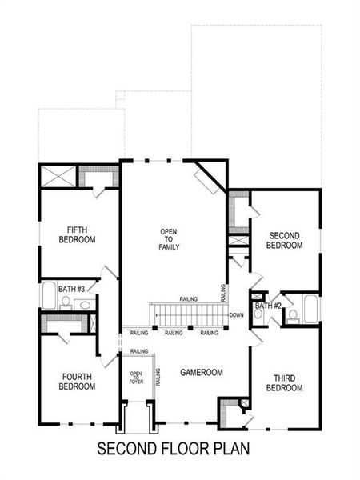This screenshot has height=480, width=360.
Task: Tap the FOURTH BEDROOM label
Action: (77, 382)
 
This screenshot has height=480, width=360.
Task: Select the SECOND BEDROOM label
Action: (284, 240)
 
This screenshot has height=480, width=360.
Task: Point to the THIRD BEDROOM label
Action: (284, 382)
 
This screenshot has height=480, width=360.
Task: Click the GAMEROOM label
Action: (201, 372)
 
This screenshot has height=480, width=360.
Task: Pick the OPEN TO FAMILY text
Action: (168, 239)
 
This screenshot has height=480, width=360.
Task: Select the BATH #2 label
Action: (268, 306)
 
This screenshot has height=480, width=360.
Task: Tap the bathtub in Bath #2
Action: (310, 307)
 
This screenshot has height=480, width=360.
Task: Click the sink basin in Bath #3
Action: (83, 303)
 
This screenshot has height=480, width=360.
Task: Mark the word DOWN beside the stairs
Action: (235, 315)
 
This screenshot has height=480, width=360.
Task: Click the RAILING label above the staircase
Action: (190, 298)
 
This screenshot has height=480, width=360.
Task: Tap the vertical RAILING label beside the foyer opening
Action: (158, 377)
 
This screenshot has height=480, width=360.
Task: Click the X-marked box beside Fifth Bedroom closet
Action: (58, 175)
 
